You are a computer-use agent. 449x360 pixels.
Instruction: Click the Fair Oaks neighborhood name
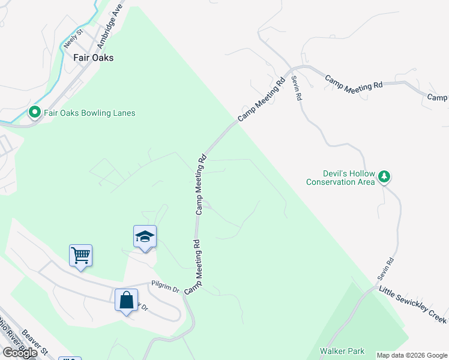[93, 58]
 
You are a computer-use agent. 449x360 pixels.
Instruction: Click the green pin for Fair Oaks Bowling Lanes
[35, 112]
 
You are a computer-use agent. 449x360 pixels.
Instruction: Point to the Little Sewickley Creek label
[412, 305]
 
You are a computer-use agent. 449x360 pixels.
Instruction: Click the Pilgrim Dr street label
[165, 289]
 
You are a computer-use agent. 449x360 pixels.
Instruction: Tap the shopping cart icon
[80, 256]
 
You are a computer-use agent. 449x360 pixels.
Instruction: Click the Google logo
[20, 353]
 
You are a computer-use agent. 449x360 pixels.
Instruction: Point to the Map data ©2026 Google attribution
[411, 355]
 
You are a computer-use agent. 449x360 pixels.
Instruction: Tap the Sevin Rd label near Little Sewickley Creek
[385, 271]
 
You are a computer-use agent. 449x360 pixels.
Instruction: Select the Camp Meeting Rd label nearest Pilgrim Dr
[194, 267]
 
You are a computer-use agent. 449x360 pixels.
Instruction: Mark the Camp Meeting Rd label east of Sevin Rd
[354, 83]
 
